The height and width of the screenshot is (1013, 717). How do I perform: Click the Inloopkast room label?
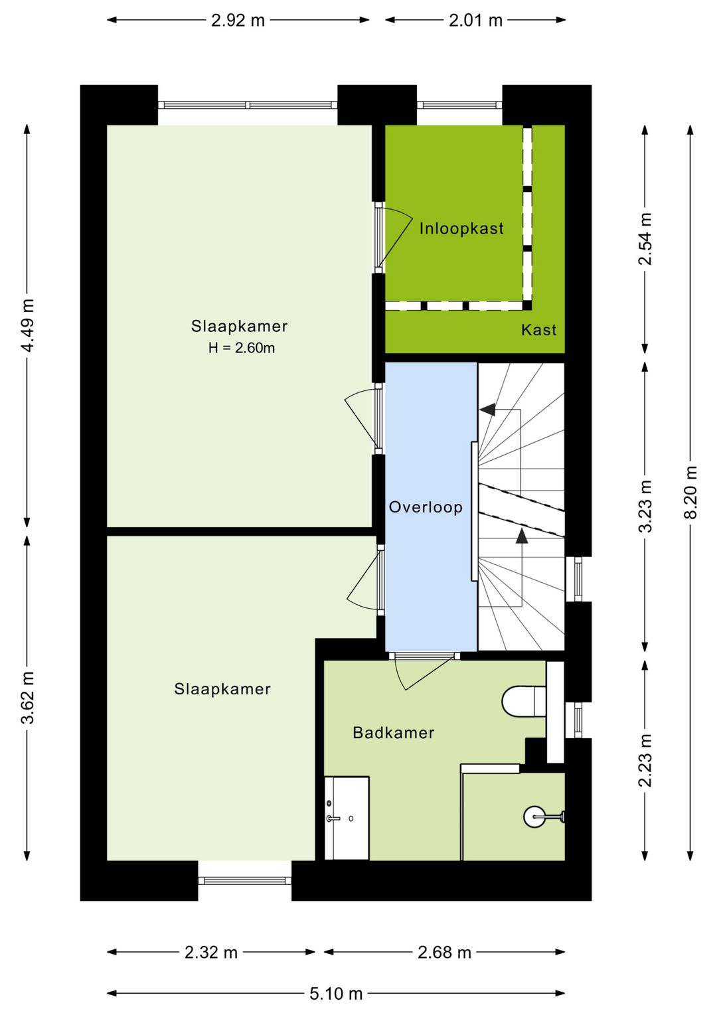pyautogui.click(x=461, y=228)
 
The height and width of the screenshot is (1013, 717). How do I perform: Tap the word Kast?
pyautogui.click(x=538, y=330)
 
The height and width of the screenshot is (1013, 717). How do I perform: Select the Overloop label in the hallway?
pyautogui.click(x=426, y=507)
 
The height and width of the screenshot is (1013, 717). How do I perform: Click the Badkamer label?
pyautogui.click(x=394, y=733)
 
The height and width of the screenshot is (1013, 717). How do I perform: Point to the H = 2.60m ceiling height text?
pyautogui.click(x=242, y=348)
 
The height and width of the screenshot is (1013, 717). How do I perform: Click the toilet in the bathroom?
pyautogui.click(x=524, y=702)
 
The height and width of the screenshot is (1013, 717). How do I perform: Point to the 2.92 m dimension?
pyautogui.click(x=238, y=21)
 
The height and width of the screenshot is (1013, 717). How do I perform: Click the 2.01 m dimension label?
pyautogui.click(x=475, y=21)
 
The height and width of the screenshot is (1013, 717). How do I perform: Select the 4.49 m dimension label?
pyautogui.click(x=28, y=325)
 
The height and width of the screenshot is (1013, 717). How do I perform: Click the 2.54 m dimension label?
pyautogui.click(x=645, y=238)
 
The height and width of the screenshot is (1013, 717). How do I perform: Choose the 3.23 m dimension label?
pyautogui.click(x=645, y=506)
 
